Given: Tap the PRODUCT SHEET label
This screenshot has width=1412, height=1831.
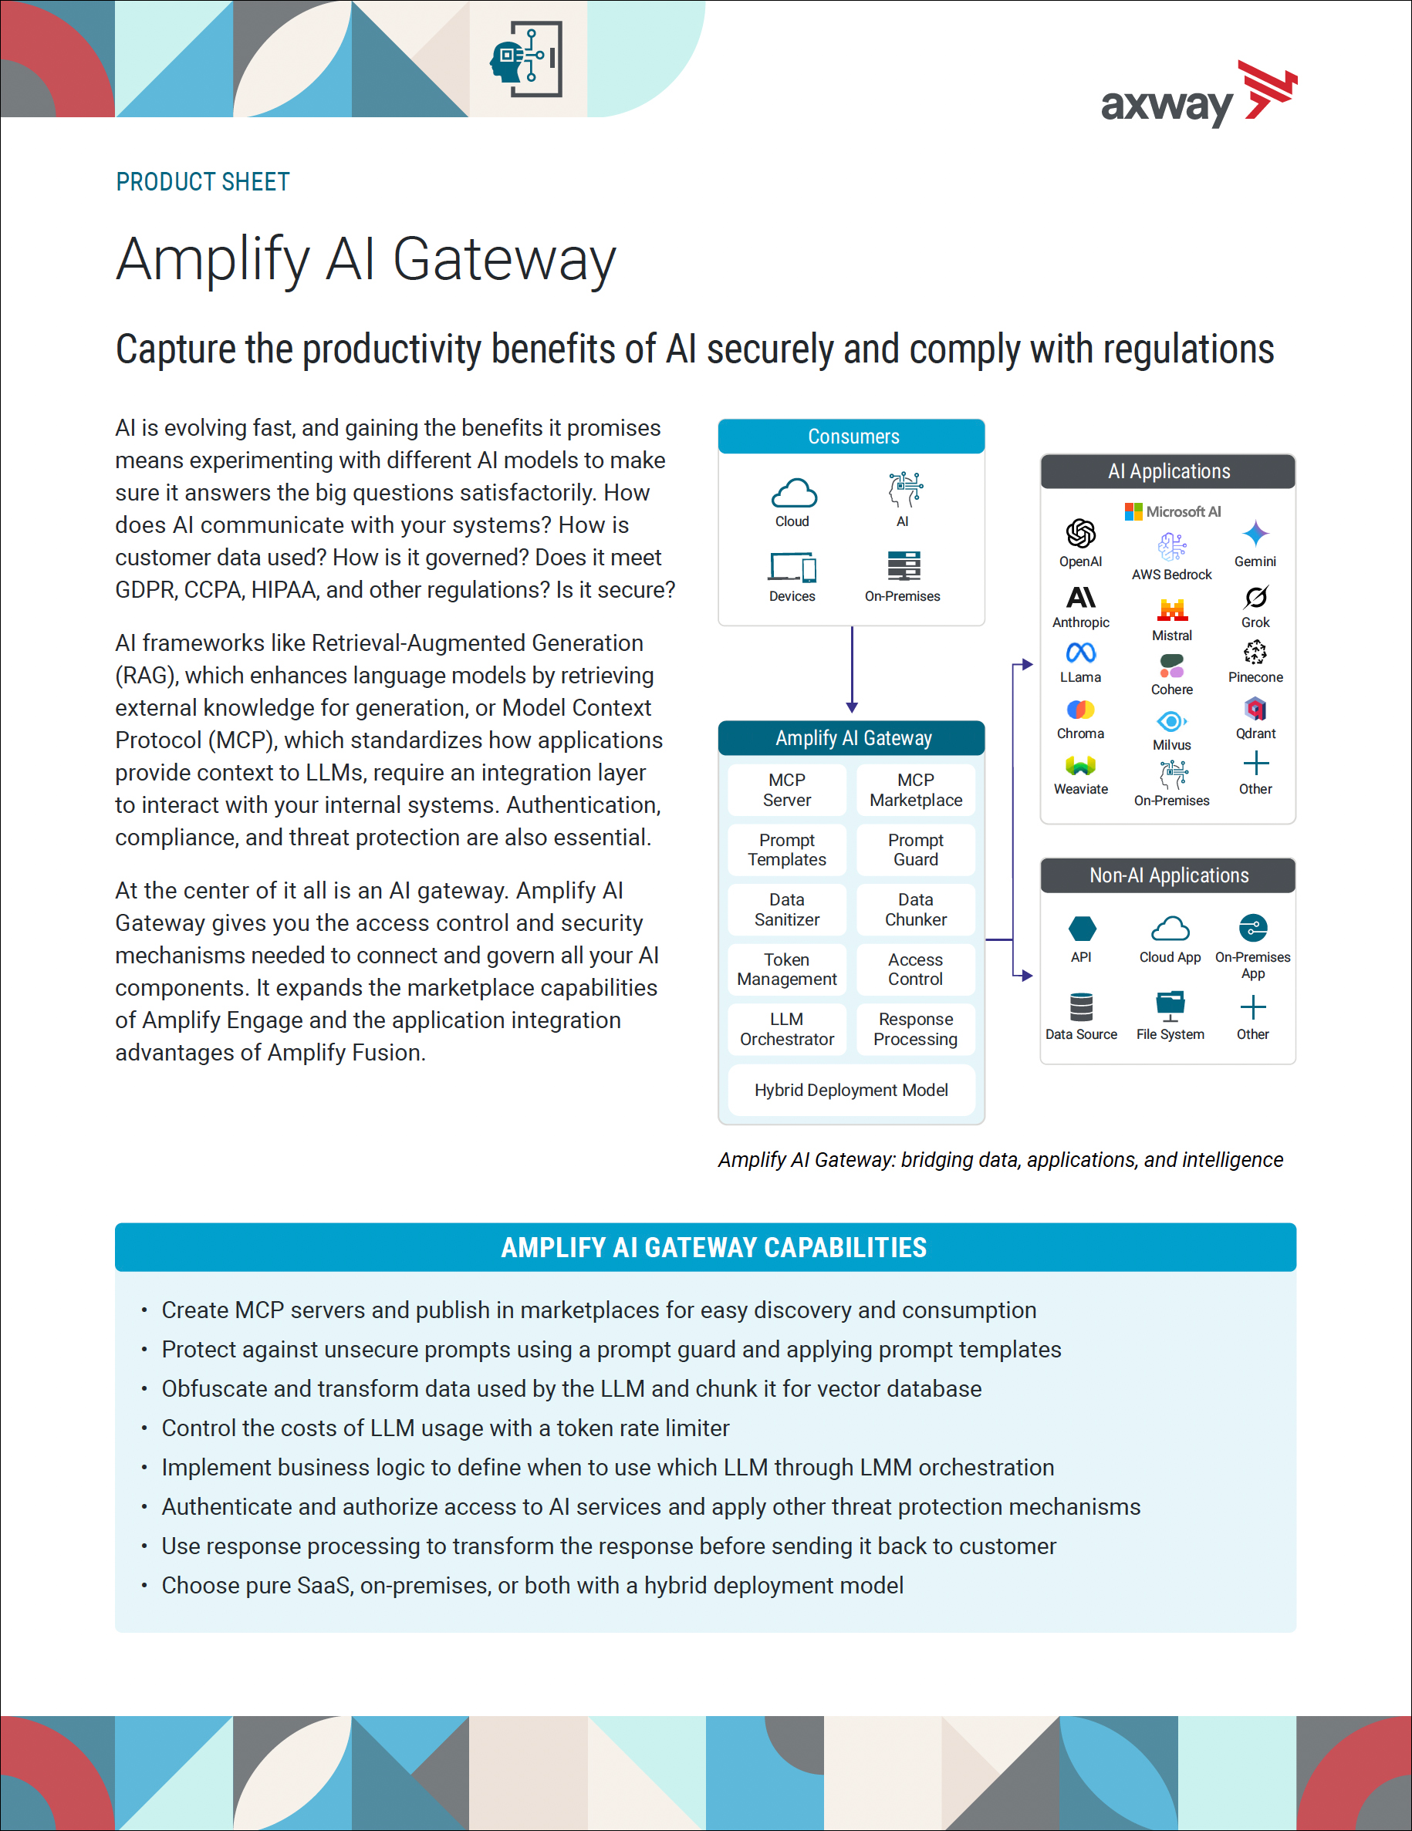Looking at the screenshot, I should [x=203, y=182].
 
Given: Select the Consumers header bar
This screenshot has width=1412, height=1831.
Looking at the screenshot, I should [x=851, y=437].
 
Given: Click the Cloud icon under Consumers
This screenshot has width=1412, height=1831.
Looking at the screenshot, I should [x=793, y=494].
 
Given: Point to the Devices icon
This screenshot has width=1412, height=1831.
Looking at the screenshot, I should [x=792, y=568].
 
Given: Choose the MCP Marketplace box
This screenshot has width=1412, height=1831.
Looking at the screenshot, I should [x=916, y=790].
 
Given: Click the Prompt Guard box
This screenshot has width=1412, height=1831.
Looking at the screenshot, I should [x=916, y=849].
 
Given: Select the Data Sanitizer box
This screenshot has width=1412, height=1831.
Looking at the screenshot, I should [x=786, y=909].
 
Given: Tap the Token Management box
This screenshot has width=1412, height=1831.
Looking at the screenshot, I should [x=786, y=969].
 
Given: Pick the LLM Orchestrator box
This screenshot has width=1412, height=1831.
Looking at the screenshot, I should [x=786, y=1029].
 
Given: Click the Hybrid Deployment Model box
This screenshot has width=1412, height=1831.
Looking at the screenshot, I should [x=851, y=1090].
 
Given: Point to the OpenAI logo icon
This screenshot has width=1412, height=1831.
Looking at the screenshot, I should [x=1081, y=533].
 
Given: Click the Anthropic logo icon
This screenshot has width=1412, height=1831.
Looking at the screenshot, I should [x=1081, y=597].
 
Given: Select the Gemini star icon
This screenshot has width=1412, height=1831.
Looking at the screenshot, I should [x=1255, y=533].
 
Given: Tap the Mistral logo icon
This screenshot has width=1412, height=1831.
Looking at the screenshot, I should [x=1172, y=609].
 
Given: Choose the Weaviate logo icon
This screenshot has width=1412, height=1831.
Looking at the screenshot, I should [x=1081, y=765].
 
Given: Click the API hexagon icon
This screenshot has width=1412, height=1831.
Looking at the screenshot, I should [x=1082, y=929].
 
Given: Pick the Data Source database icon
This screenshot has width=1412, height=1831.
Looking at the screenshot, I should [x=1082, y=1006].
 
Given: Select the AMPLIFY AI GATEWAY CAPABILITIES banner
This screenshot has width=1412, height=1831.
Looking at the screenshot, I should [x=705, y=1247].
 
